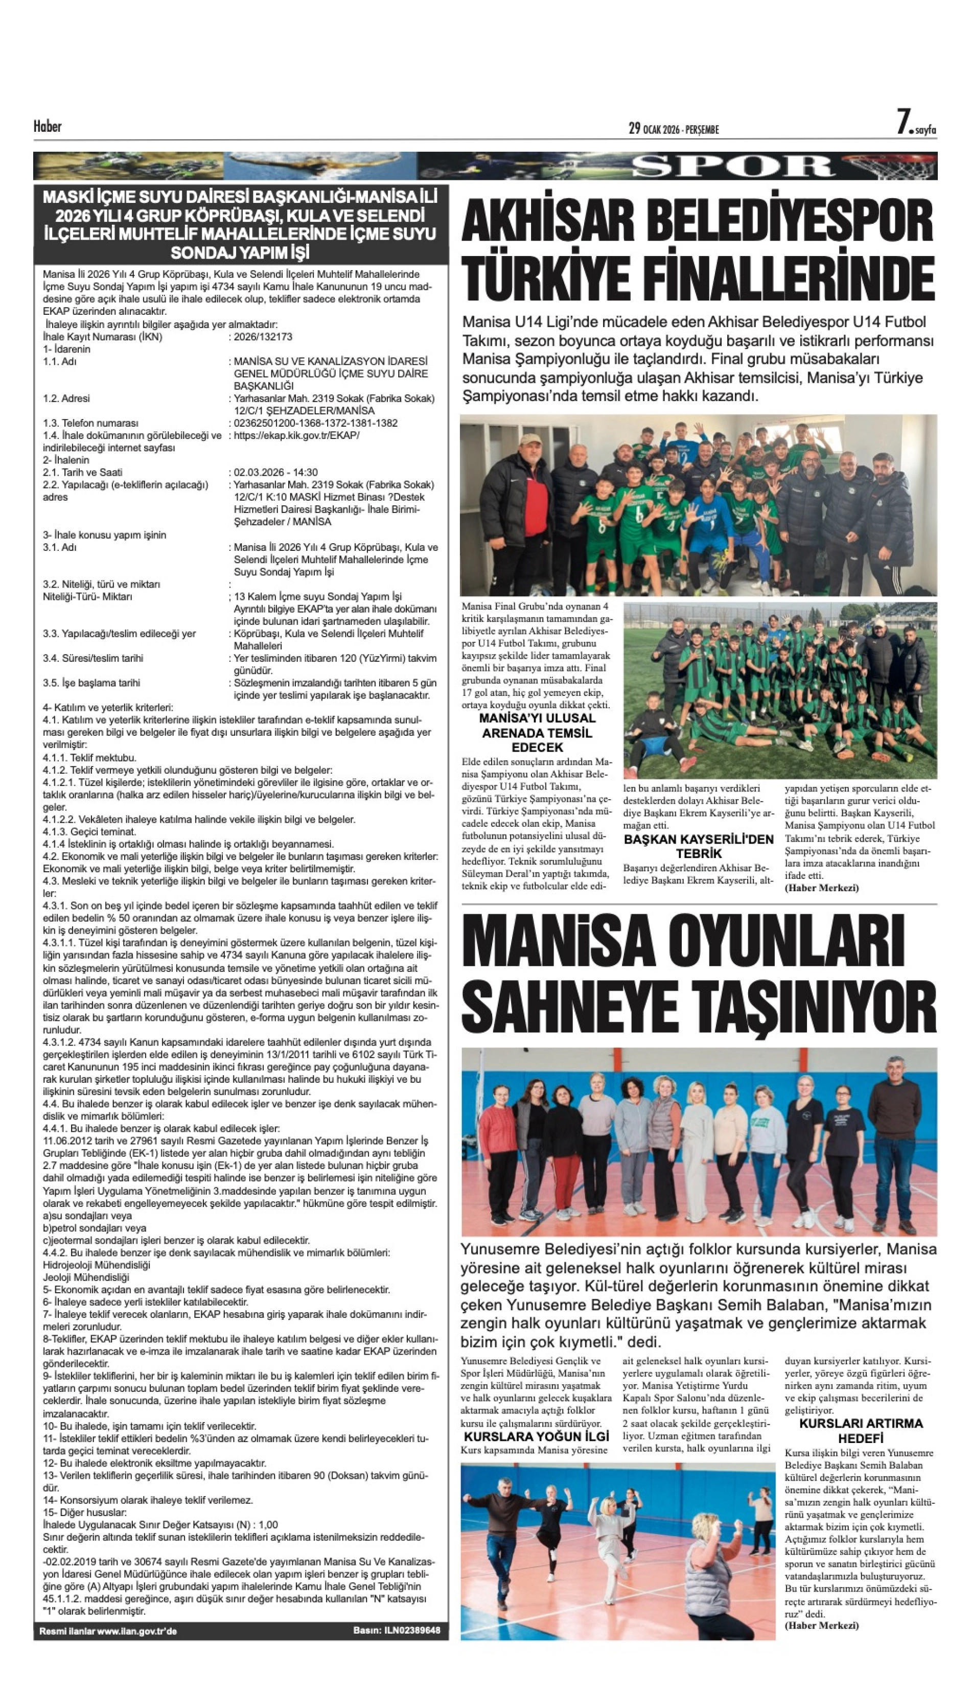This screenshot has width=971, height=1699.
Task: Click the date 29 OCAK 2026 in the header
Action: pyautogui.click(x=674, y=129)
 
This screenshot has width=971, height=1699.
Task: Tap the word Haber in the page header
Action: pyautogui.click(x=48, y=126)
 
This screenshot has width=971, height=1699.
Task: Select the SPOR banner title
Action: pyautogui.click(x=733, y=167)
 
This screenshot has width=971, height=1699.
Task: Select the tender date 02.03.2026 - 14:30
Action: pyautogui.click(x=275, y=472)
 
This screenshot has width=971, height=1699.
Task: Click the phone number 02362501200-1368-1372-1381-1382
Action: pyautogui.click(x=315, y=423)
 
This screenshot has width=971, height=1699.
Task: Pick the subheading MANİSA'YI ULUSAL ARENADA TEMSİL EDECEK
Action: pyautogui.click(x=537, y=732)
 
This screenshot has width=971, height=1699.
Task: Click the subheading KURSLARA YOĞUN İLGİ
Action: pyautogui.click(x=536, y=1436)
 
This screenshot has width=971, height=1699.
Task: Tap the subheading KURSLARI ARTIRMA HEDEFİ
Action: pyautogui.click(x=860, y=1430)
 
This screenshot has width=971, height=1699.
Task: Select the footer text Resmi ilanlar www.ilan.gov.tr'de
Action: pyautogui.click(x=108, y=1631)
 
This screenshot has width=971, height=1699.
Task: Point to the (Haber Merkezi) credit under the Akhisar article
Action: pyautogui.click(x=822, y=888)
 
